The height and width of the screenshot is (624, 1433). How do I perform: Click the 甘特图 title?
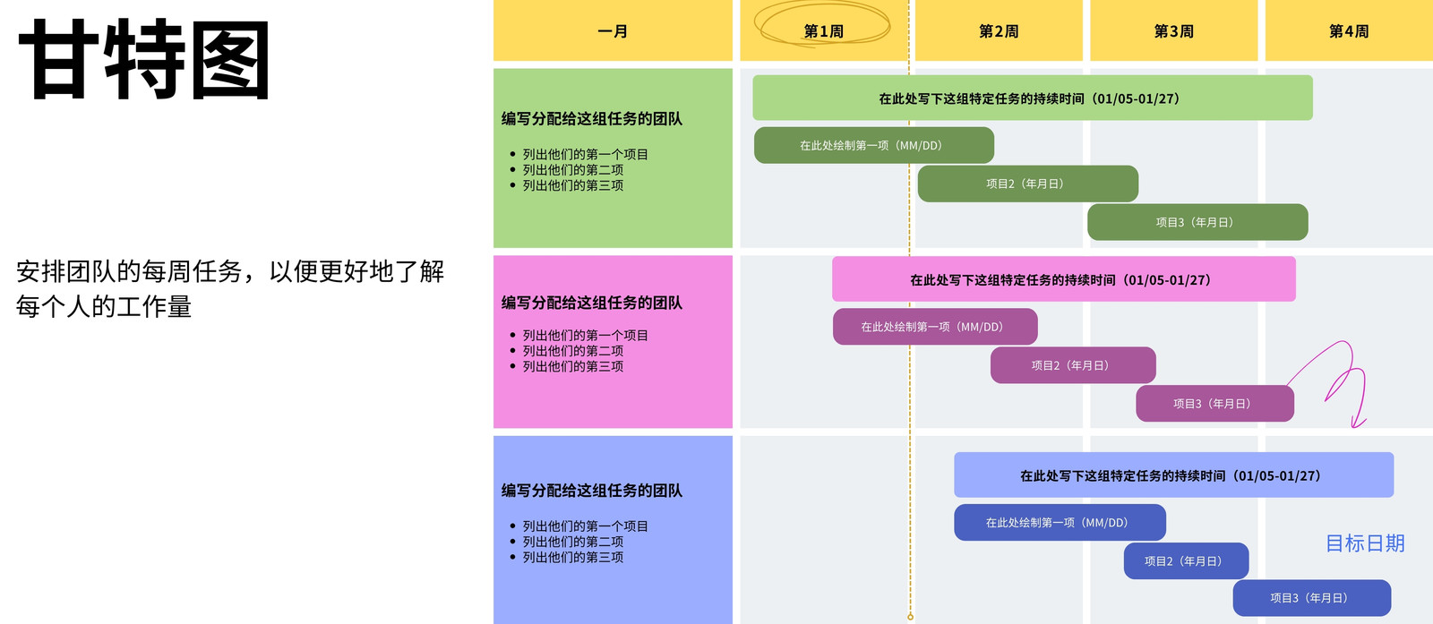pos(144,59)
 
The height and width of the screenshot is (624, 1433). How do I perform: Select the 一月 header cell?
pos(613,30)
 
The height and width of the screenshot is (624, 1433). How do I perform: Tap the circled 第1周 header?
pos(824,30)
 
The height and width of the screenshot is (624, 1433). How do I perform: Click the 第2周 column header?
pos(999,30)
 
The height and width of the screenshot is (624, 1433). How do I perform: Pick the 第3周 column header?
pos(1174,30)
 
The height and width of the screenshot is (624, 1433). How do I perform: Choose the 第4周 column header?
pos(1349,30)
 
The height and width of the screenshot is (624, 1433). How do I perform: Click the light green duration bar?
pos(1033,98)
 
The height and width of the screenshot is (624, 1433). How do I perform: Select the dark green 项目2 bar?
pos(1028,184)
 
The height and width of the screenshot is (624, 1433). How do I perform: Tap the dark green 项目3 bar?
pos(1197,222)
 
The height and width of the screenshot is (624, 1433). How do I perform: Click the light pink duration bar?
pos(1064,278)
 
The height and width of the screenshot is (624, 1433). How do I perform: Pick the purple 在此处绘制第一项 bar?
pos(935,327)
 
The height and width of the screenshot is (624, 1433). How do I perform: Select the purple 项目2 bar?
pos(1073,365)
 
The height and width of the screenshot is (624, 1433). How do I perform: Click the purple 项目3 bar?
pos(1214,404)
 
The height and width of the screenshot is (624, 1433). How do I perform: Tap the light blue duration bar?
pos(1174,475)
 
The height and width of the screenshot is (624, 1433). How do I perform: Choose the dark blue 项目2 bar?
pos(1186,560)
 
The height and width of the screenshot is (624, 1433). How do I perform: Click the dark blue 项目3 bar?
pos(1312,598)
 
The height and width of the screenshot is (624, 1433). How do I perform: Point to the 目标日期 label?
pos(1365,543)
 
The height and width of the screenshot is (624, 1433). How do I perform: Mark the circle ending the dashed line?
pos(910,617)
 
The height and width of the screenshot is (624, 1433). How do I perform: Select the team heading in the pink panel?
pos(592,303)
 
